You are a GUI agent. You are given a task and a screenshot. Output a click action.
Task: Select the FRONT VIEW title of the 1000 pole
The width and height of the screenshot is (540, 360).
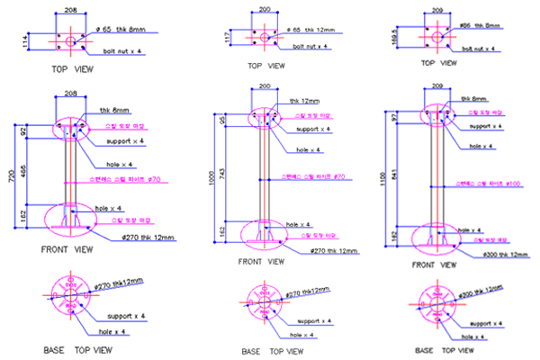(x=261, y=262)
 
